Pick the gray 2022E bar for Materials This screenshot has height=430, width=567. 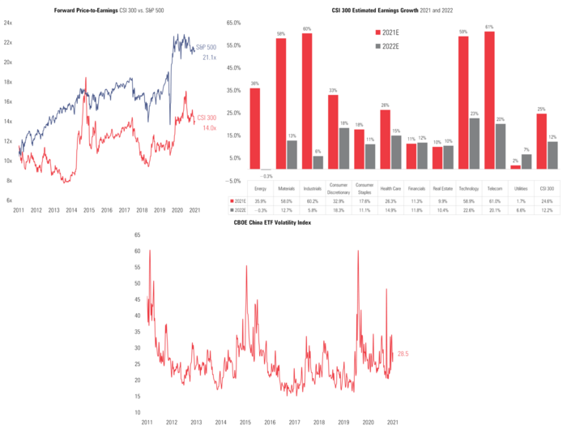coord(292,155)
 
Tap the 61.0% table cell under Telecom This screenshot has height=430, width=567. coord(490,200)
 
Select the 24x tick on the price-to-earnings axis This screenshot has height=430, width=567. coord(7,24)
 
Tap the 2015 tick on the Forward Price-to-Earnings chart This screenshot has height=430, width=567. coord(88,210)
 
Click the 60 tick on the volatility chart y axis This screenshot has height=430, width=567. coord(137,251)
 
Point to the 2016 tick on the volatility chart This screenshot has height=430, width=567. coord(271,424)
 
